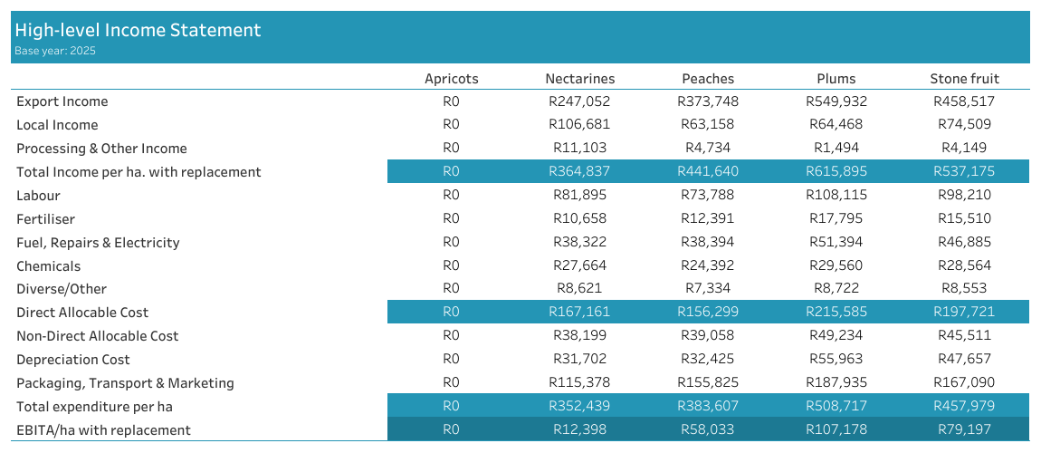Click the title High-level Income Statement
(138, 30)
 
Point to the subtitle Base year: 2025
(55, 51)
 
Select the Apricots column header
(451, 79)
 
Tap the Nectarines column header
(579, 79)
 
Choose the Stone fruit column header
(964, 79)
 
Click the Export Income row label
(62, 101)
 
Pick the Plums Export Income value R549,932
(835, 101)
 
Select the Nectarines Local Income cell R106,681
(579, 124)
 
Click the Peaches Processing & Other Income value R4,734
(707, 148)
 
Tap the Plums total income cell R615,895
(835, 171)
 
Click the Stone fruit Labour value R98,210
(964, 195)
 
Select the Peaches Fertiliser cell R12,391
(707, 218)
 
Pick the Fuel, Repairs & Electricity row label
(98, 242)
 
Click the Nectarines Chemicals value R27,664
(579, 265)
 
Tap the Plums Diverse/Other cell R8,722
(835, 289)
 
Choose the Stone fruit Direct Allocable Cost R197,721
(964, 313)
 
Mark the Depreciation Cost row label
(73, 360)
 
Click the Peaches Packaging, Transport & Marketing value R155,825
(707, 383)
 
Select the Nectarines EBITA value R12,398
(579, 429)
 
